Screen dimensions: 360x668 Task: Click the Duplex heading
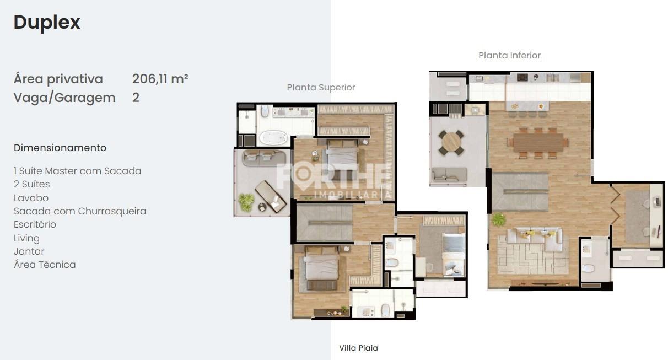(47, 23)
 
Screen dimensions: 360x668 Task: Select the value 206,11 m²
(160, 79)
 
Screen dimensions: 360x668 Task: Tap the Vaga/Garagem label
(64, 98)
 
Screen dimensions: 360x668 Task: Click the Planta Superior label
(321, 87)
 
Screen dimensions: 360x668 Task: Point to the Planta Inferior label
(509, 55)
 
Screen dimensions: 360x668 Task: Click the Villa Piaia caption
(358, 348)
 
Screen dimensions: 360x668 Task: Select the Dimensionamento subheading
(60, 148)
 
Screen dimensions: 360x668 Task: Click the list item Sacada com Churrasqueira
(80, 211)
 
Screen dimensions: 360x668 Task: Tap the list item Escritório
(35, 224)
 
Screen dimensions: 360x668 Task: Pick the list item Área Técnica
(45, 265)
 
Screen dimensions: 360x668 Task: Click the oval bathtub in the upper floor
(273, 137)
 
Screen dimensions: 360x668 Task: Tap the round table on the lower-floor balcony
(451, 142)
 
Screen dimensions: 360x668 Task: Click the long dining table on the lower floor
(537, 142)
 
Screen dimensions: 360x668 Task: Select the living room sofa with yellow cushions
(534, 239)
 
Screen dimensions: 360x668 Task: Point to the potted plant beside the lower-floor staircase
(499, 219)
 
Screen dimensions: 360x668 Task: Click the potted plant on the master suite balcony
(246, 201)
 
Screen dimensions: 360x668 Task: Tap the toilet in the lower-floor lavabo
(588, 270)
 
